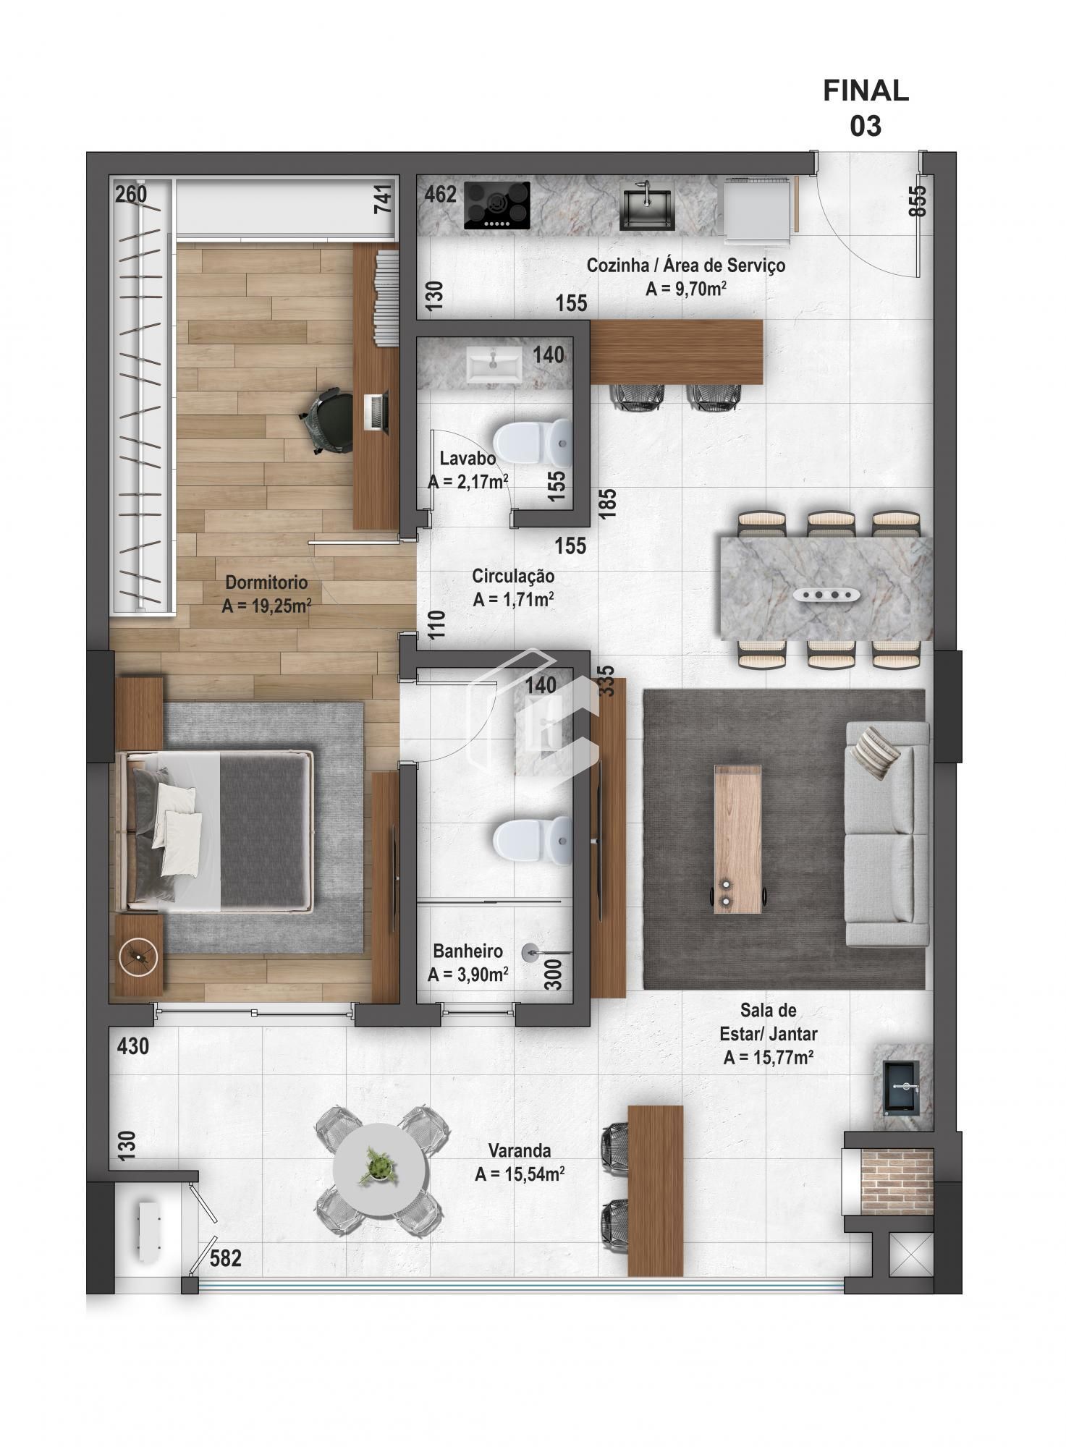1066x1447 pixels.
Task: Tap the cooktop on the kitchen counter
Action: coord(496,205)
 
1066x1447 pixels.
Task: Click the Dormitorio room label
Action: coord(266,594)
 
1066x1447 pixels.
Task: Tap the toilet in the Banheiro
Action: coord(531,840)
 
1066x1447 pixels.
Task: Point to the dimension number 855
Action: coord(917,201)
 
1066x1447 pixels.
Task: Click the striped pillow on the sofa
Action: coord(875,753)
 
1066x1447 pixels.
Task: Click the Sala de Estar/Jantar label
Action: coord(768,1033)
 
